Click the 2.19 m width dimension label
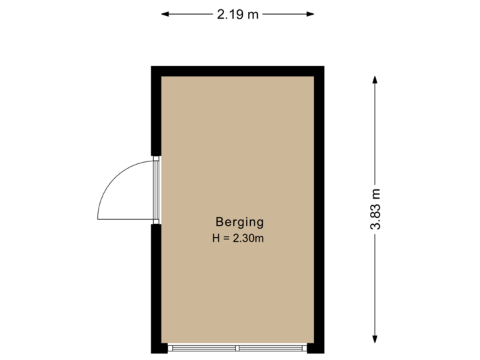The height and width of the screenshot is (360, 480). [x=237, y=13]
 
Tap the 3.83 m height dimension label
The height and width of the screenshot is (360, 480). [x=376, y=209]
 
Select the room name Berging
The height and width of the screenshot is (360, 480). [x=239, y=222]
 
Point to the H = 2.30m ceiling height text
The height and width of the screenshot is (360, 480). [x=239, y=238]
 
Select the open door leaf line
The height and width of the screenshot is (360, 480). [x=124, y=219]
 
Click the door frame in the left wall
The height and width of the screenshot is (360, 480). [x=156, y=191]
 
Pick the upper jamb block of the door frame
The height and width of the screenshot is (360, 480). [x=155, y=159]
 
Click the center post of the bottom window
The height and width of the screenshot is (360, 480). [x=237, y=348]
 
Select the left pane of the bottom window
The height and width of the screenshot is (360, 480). [x=203, y=348]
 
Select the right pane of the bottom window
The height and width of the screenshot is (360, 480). [x=272, y=348]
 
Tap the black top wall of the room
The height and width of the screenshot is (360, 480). [x=237, y=71]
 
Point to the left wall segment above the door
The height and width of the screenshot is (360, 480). [x=155, y=113]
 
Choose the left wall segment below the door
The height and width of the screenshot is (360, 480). [x=155, y=287]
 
